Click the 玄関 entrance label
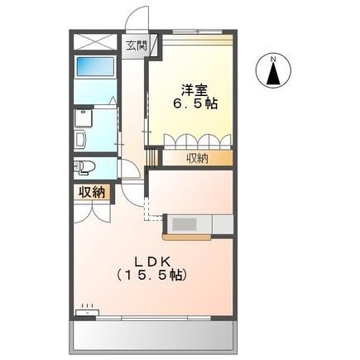pyautogui.click(x=136, y=46)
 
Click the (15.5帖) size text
pyautogui.click(x=152, y=274)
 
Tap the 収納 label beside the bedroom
pyautogui.click(x=197, y=158)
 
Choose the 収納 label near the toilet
pyautogui.click(x=92, y=192)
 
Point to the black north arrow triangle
pyautogui.click(x=273, y=75)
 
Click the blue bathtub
pyautogui.click(x=94, y=67)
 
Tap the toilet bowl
pyautogui.click(x=85, y=168)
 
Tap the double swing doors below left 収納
pyautogui.click(x=92, y=211)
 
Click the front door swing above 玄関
pyautogui.click(x=137, y=21)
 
